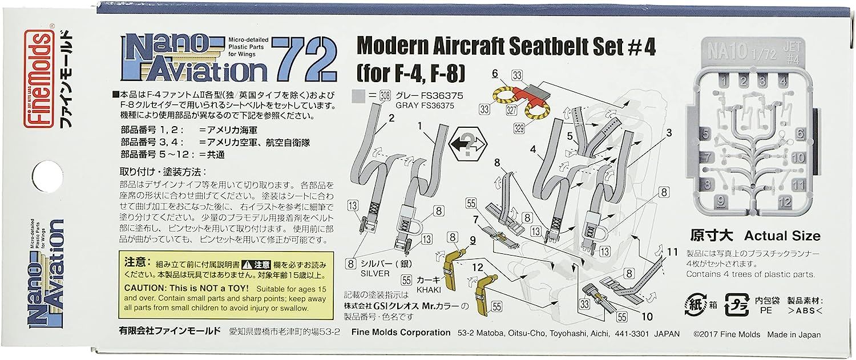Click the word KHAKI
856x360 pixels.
tap(427, 290)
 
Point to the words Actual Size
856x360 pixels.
tap(782, 236)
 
